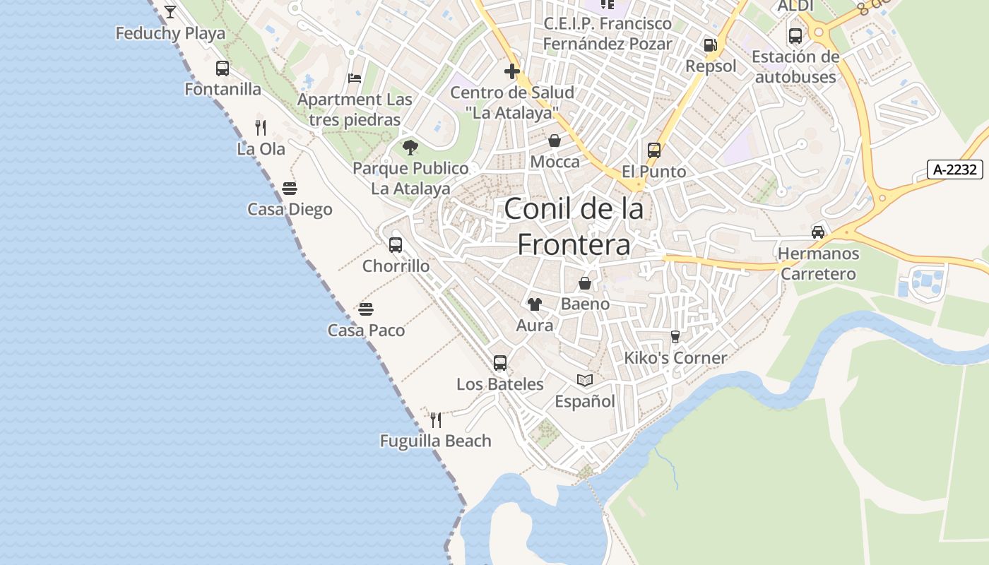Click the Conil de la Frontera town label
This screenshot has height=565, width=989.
574,227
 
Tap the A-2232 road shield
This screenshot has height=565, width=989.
955,169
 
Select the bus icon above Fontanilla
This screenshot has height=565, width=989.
223,69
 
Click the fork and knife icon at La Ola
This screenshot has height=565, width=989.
261,128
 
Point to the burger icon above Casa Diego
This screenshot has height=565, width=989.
290,189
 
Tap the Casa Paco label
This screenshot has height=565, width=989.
366,331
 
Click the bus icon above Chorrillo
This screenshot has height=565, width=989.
396,245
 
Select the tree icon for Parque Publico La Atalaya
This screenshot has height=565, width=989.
410,148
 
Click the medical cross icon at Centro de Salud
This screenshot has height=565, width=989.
512,71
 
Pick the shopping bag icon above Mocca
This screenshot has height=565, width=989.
555,141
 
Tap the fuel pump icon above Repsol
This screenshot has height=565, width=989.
710,45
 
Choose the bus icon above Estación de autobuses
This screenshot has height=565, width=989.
795,35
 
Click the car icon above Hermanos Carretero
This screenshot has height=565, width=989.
818,232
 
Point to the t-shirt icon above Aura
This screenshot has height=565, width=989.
535,304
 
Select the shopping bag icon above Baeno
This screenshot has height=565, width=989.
585,283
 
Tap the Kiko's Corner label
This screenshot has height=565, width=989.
675,358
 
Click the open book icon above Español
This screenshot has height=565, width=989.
585,381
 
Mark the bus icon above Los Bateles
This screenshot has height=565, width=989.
500,363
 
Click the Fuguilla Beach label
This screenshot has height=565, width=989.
435,441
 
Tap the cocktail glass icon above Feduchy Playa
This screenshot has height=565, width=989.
170,11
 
